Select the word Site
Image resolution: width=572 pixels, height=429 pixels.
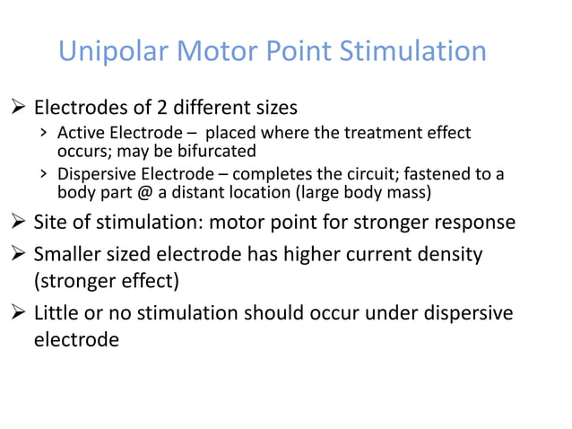(51, 221)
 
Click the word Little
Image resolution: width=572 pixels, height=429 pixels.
(59, 313)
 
